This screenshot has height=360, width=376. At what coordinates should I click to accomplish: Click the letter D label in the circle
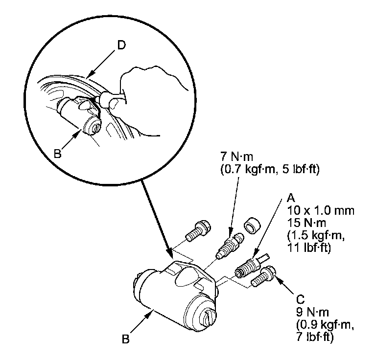point(121,45)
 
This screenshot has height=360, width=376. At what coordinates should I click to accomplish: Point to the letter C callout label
point(300,297)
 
